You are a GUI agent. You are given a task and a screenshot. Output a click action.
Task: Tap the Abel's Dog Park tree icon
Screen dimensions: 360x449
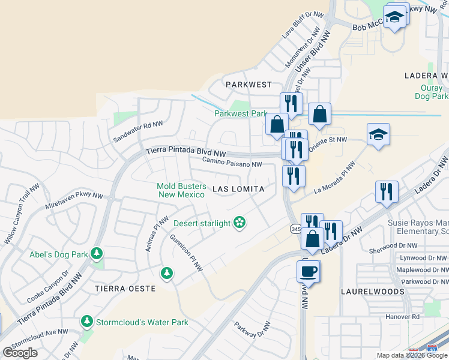coord(96,254)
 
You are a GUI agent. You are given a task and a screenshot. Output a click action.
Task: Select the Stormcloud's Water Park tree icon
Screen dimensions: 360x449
coord(87,322)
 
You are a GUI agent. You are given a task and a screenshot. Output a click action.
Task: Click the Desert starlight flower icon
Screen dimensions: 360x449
coord(240,223)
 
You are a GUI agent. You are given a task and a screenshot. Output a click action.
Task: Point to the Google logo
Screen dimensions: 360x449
coord(20,352)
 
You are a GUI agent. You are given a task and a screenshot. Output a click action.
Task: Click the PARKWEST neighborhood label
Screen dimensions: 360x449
coord(249,85)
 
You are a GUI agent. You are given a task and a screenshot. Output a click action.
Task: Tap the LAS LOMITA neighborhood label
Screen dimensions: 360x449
coord(238,189)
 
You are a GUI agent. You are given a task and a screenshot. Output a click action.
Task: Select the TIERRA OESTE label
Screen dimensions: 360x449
coord(125,289)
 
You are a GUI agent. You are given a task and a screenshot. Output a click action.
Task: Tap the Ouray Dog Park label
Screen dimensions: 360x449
coord(432,92)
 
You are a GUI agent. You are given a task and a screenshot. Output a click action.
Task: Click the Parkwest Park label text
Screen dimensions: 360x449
coord(241,113)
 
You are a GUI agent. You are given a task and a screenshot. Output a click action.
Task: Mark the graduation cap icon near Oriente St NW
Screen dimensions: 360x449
coord(379,134)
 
